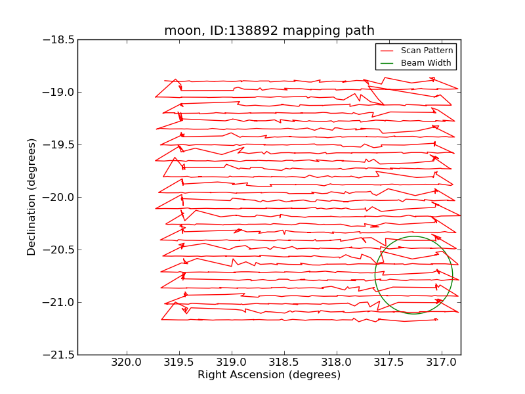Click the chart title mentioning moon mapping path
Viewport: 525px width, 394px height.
pyautogui.click(x=269, y=31)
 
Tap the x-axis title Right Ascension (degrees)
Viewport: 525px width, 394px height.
pyautogui.click(x=269, y=375)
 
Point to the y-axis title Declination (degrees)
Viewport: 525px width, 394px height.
pyautogui.click(x=31, y=197)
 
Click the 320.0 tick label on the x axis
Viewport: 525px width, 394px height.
pyautogui.click(x=126, y=361)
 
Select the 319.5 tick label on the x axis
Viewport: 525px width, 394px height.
pyautogui.click(x=178, y=361)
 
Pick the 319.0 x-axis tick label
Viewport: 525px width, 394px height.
pyautogui.click(x=231, y=361)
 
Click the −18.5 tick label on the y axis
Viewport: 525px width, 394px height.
pyautogui.click(x=57, y=39)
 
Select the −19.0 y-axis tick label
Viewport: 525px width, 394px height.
pyautogui.click(x=57, y=92)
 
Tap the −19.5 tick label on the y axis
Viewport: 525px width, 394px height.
pyautogui.click(x=57, y=144)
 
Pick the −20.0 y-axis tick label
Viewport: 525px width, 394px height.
pyautogui.click(x=57, y=197)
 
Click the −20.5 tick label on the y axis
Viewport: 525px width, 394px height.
pyautogui.click(x=57, y=250)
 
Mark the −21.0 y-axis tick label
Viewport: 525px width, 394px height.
pyautogui.click(x=57, y=302)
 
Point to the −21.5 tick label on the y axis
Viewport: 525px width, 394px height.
pyautogui.click(x=57, y=355)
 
